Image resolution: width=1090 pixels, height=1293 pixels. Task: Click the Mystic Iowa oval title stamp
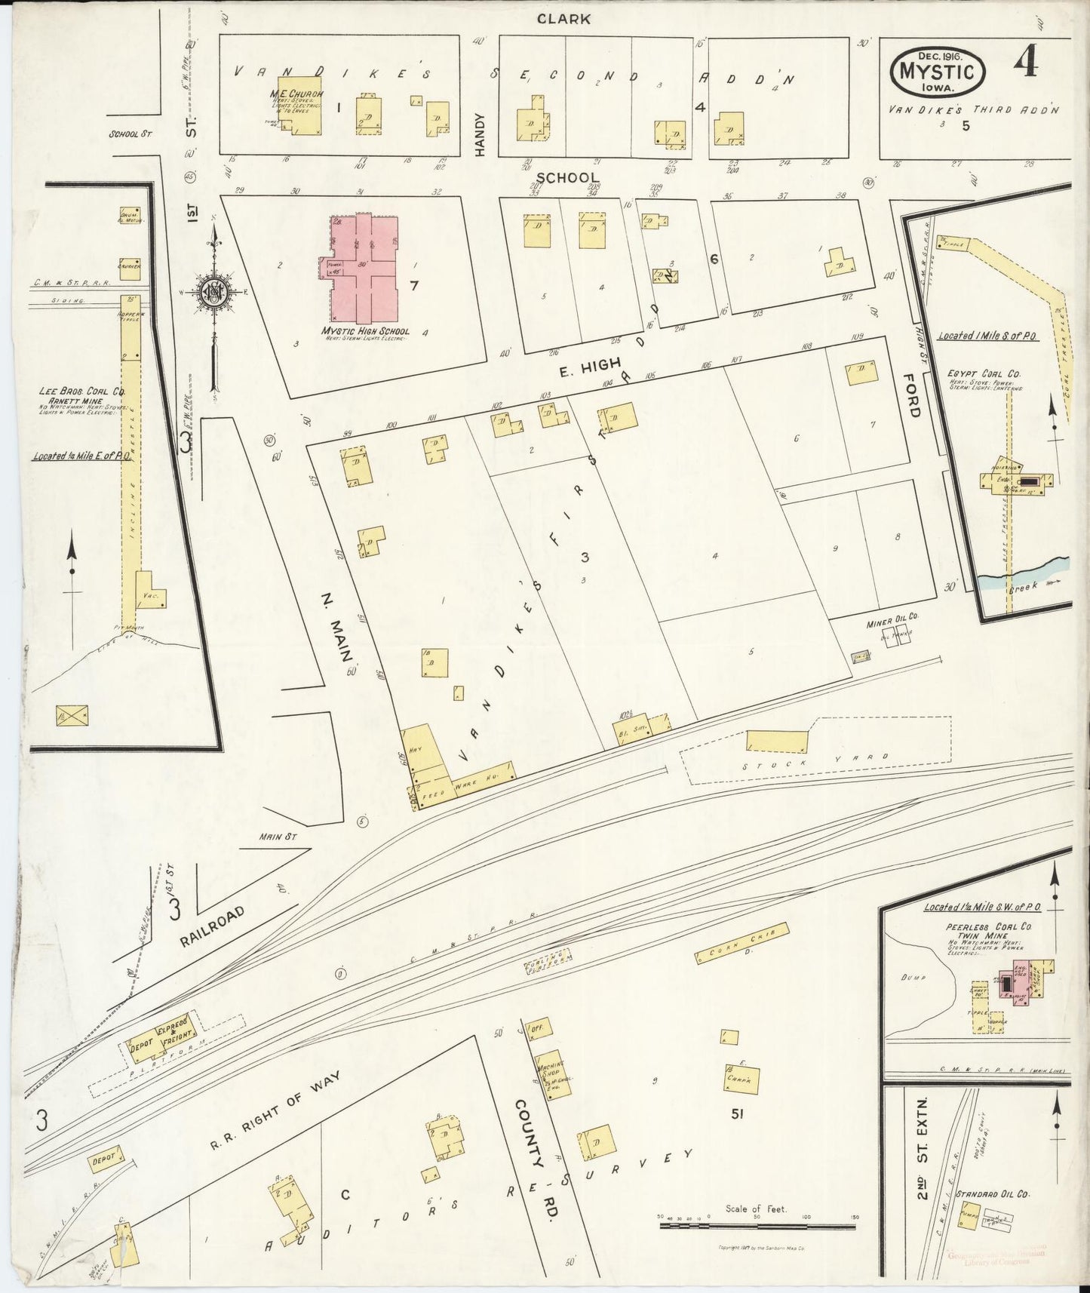pos(938,72)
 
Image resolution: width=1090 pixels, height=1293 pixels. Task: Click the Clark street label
pos(563,19)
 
